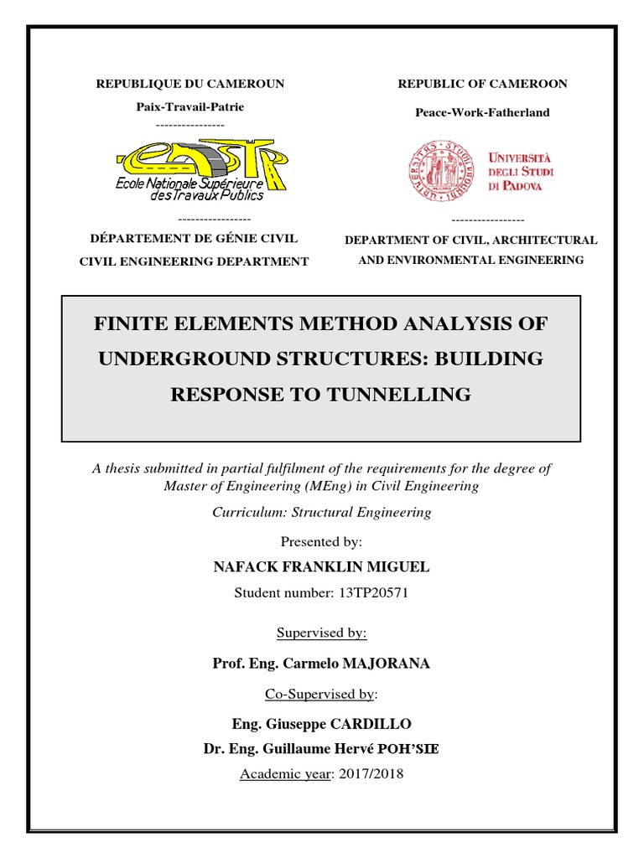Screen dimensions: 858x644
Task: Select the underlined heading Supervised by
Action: pos(321,633)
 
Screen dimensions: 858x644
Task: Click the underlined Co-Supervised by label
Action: pos(319,694)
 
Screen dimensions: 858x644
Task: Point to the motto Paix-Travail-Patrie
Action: pos(190,107)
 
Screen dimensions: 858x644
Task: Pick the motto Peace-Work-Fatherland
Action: pos(482,112)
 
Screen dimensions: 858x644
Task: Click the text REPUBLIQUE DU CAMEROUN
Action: pos(190,84)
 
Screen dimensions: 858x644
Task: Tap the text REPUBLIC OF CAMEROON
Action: pos(482,84)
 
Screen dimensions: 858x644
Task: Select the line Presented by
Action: pos(321,542)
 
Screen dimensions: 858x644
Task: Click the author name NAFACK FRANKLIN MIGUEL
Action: pos(321,567)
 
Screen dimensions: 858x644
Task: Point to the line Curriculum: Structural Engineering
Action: pos(321,512)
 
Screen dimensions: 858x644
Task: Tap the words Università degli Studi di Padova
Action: pos(521,171)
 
